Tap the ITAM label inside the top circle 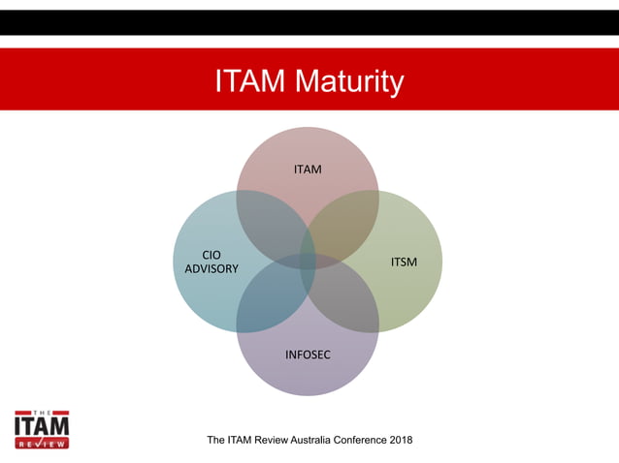click(x=308, y=170)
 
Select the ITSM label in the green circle click(x=405, y=262)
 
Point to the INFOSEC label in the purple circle click(x=308, y=355)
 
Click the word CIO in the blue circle click(x=211, y=256)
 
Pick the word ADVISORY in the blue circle click(x=211, y=268)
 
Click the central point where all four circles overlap click(x=308, y=262)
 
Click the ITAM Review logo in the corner click(x=42, y=426)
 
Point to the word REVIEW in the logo click(x=42, y=444)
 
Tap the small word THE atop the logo click(x=42, y=410)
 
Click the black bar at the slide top click(x=309, y=22)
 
